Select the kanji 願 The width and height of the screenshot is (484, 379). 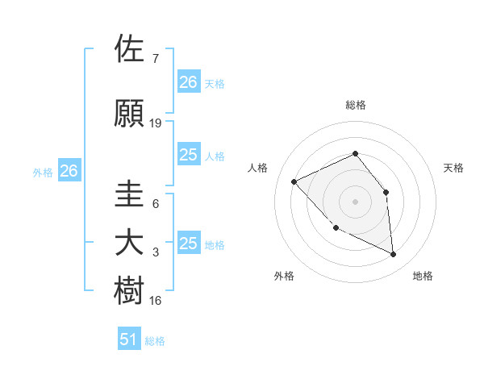pyautogui.click(x=130, y=113)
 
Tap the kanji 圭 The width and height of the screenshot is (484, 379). pyautogui.click(x=130, y=194)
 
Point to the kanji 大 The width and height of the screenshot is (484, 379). pyautogui.click(x=130, y=243)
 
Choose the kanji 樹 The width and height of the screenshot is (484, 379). pyautogui.click(x=130, y=291)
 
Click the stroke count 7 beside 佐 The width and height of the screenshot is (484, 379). pyautogui.click(x=155, y=59)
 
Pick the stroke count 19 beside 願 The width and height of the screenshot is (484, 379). pyautogui.click(x=156, y=123)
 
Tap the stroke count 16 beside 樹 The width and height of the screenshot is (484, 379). pyautogui.click(x=156, y=301)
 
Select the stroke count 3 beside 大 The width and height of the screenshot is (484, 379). pyautogui.click(x=155, y=252)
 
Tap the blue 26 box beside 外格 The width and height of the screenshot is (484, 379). pyautogui.click(x=69, y=171)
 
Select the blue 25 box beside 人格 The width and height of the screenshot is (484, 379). pyautogui.click(x=188, y=155)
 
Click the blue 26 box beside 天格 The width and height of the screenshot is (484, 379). pyautogui.click(x=188, y=82)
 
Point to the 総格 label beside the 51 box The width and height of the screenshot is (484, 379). pyautogui.click(x=155, y=341)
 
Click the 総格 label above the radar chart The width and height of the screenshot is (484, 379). pyautogui.click(x=355, y=106)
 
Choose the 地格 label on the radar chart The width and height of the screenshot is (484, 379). pyautogui.click(x=423, y=277)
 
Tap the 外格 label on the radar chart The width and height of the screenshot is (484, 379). pyautogui.click(x=284, y=277)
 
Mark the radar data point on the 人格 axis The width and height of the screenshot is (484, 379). pyautogui.click(x=294, y=181)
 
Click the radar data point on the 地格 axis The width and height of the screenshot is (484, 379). pyautogui.click(x=394, y=255)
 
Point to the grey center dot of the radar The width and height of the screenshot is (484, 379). pyautogui.click(x=355, y=202)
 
